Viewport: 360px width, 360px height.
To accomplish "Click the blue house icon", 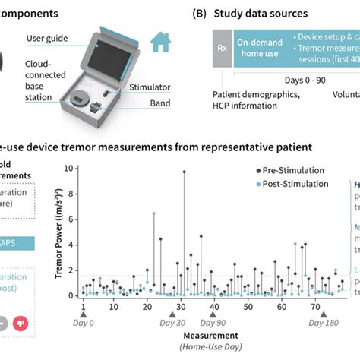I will pyautogui.click(x=160, y=42).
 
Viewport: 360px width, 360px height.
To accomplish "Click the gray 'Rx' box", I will pyautogui.click(x=222, y=47).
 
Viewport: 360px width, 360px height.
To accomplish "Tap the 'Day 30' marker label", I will pyautogui.click(x=172, y=323).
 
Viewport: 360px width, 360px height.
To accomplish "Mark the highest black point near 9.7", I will pyautogui.click(x=184, y=172).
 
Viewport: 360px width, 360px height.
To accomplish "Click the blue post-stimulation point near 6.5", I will pyautogui.click(x=154, y=213).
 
